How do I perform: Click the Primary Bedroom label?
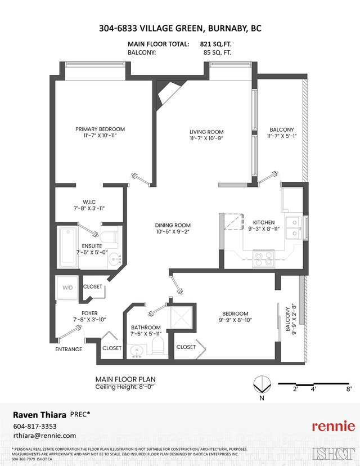tap(100, 129)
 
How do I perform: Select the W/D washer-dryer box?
tap(68, 287)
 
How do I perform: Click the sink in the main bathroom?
tap(136, 352)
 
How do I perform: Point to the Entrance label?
tap(68, 349)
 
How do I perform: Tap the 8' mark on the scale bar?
tap(349, 388)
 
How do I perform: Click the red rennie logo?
tap(334, 426)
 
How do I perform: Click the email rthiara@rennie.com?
tap(44, 436)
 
